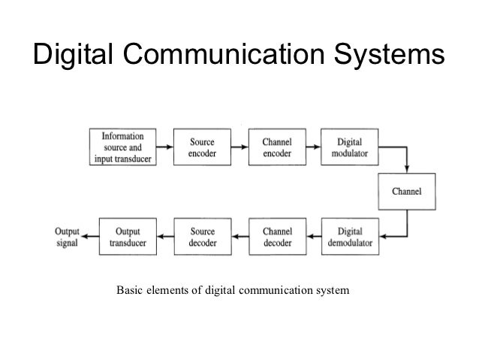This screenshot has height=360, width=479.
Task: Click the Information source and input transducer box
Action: [x=125, y=145]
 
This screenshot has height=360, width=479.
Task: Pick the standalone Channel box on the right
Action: [x=407, y=191]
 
